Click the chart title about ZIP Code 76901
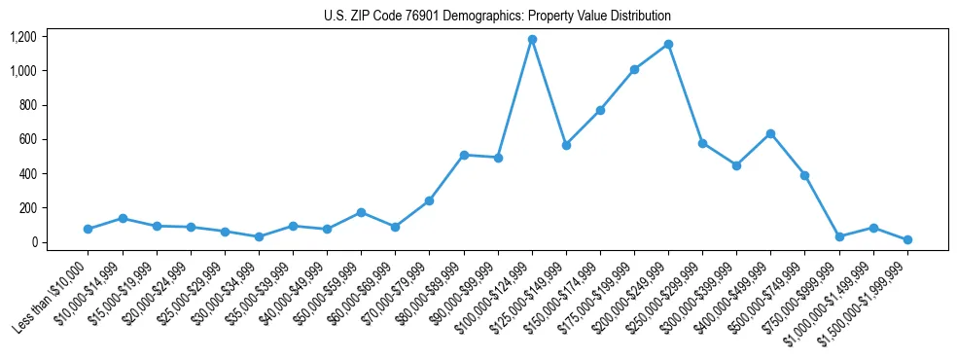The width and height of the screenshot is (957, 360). (497, 17)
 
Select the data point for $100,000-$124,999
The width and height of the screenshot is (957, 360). (532, 40)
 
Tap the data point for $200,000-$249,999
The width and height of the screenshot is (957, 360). (668, 45)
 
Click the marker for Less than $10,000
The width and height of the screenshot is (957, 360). (88, 229)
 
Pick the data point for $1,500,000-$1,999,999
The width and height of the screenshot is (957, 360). (907, 239)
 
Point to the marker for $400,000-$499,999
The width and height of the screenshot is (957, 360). (770, 133)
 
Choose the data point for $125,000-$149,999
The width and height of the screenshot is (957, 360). (566, 145)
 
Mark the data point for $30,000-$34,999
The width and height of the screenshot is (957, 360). (259, 236)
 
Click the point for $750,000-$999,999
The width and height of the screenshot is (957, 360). (839, 236)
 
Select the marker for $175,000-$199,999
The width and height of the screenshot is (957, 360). (634, 69)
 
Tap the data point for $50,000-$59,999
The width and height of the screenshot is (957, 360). (361, 212)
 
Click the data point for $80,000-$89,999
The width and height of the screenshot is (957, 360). (464, 155)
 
